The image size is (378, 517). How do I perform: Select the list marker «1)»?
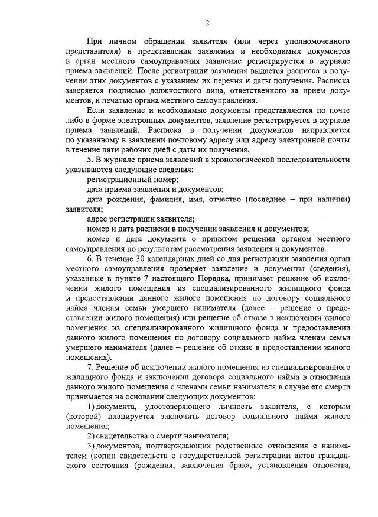pos(91,407)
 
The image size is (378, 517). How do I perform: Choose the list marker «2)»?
pos(91,436)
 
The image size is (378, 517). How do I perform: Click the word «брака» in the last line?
pos(246,465)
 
